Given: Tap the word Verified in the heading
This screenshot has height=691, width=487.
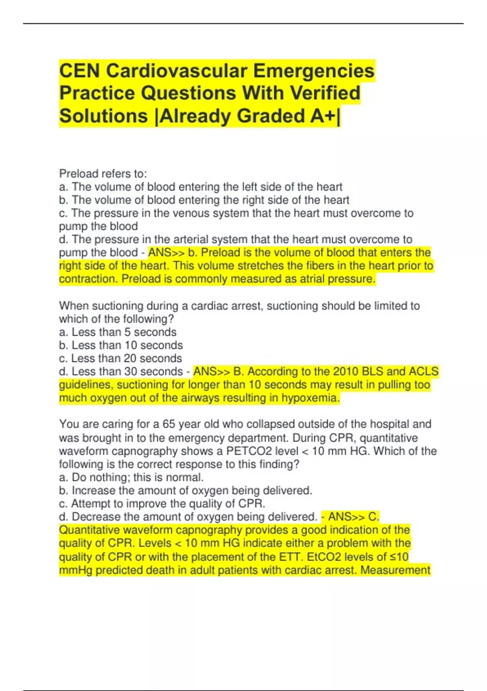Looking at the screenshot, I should (x=325, y=93).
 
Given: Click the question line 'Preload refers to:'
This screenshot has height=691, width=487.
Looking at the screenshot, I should (x=103, y=174).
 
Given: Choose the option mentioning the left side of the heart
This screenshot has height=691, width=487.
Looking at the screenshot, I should (x=200, y=187).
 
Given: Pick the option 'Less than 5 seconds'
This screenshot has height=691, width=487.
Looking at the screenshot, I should (x=118, y=332).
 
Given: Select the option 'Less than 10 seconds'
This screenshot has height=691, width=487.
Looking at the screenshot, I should (x=121, y=345).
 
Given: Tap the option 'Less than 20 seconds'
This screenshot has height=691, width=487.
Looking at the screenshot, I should (x=121, y=358).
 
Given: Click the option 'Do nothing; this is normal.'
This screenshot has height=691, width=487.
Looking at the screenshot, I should (x=131, y=477).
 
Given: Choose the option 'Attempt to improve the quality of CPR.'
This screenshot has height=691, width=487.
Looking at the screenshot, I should (x=162, y=504).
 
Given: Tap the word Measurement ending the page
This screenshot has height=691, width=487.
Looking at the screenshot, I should (x=395, y=570).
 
